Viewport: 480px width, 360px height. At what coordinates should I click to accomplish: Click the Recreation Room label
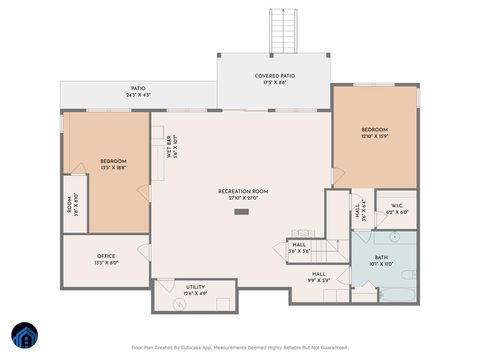click(x=243, y=194)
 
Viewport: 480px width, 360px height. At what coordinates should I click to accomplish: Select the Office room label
click(x=106, y=260)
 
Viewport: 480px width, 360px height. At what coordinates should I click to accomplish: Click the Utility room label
click(x=195, y=291)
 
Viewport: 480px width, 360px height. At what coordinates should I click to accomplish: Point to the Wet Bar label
click(x=172, y=149)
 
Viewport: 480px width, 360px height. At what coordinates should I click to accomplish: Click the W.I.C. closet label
click(x=397, y=208)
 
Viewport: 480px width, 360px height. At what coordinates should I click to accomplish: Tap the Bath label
click(x=381, y=260)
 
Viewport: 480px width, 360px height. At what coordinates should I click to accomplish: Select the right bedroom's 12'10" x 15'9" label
click(x=375, y=133)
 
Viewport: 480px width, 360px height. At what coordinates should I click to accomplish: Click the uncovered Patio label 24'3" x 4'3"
click(x=139, y=91)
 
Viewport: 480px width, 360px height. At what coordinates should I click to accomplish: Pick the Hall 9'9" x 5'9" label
click(x=319, y=277)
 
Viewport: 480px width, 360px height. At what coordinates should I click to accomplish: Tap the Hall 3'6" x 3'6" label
click(x=299, y=248)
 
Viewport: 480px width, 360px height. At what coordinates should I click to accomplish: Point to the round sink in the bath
click(x=394, y=239)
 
